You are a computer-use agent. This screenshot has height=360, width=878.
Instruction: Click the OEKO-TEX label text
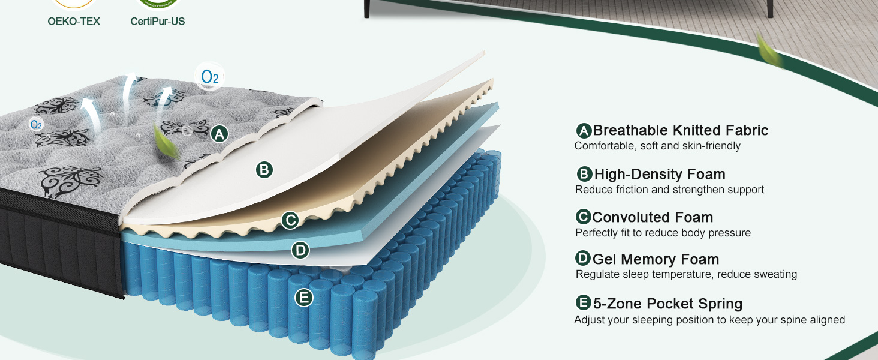[x=74, y=22]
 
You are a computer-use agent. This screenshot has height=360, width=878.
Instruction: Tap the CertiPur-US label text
[x=158, y=22]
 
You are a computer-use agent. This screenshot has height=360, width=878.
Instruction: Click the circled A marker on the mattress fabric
[x=220, y=134]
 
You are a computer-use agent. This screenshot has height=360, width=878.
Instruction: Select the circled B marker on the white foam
[x=264, y=170]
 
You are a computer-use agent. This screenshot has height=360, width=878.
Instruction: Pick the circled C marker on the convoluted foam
[x=290, y=220]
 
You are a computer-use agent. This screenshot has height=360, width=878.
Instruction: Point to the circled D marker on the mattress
[x=300, y=250]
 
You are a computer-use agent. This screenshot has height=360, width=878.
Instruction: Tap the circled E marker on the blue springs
[x=304, y=297]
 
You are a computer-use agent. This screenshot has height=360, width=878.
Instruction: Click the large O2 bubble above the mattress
[x=210, y=77]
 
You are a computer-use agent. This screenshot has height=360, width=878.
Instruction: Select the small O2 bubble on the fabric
[x=36, y=124]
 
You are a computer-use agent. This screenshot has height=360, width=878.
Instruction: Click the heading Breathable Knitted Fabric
[x=680, y=130]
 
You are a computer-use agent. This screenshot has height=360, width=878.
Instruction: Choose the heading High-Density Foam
[x=659, y=174]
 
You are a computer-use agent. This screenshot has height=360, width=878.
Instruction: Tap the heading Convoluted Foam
[x=653, y=217]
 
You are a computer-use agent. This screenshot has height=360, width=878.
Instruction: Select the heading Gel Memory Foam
[x=656, y=259]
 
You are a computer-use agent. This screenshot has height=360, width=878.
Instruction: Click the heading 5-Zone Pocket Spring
[x=667, y=304]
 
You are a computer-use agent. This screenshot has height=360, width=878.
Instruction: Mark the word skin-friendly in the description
[x=708, y=146]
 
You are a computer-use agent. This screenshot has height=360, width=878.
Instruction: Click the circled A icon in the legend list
[x=584, y=131]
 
